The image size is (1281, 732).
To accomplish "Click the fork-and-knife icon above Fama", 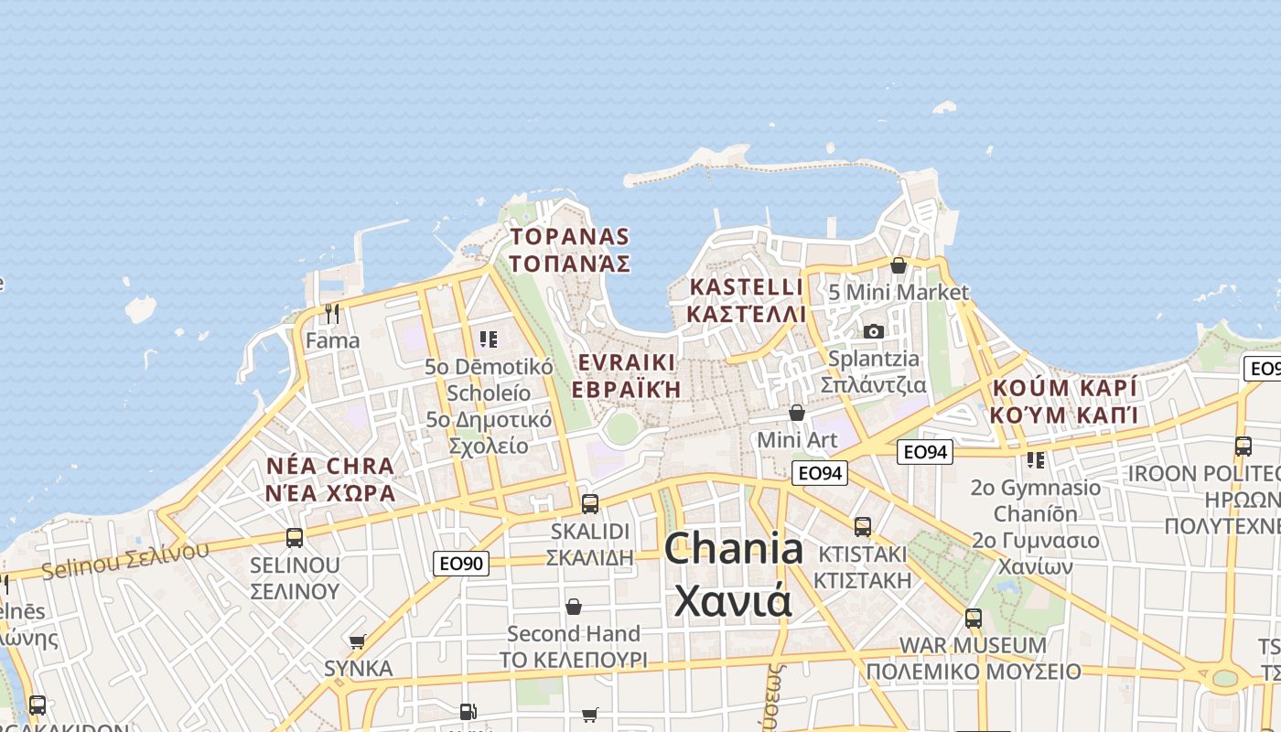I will pos(332,314).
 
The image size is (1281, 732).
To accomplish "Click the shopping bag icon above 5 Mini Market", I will pos(899,265).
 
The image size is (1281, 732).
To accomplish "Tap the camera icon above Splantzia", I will pos(874,331).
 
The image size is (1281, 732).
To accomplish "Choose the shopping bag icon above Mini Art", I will pos(797,413).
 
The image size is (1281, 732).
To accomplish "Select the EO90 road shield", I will pos(461,564).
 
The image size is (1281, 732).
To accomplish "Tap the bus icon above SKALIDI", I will pos(590,503).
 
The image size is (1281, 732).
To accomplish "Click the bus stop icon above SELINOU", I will pos(295,538).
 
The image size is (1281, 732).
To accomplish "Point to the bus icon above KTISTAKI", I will pos(862,526).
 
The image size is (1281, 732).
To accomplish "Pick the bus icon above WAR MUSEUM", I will pos(974,618).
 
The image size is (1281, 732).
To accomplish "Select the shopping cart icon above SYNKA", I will pos(358,641).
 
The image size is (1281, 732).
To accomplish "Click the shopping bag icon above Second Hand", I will pos(574,607).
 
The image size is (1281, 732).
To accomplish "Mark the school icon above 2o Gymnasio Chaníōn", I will pos(1036,459).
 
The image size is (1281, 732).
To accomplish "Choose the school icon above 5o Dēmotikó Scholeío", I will pos(489,339).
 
